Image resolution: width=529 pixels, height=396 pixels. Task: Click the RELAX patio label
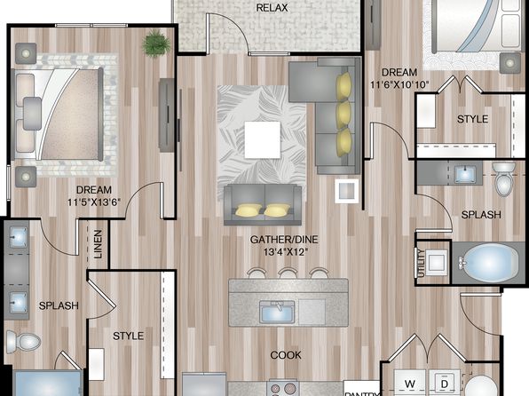point(272,8)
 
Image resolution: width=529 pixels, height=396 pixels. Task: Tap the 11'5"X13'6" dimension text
point(94,202)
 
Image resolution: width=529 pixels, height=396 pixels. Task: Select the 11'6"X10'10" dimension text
point(399,84)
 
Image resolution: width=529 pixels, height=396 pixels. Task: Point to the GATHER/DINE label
point(284,240)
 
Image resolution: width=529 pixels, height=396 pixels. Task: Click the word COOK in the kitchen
point(286,355)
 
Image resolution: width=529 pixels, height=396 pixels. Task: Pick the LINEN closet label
point(98,244)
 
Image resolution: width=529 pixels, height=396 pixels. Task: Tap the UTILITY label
point(421,263)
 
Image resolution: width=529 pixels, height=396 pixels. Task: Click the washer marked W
point(410,384)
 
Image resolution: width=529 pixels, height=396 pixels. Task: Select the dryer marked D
point(445,384)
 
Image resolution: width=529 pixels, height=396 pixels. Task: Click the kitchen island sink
point(277,312)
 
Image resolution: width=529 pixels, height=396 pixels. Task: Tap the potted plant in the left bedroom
point(156,44)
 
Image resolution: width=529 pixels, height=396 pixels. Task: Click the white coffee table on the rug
point(263,139)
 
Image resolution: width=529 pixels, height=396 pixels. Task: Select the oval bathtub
point(488,263)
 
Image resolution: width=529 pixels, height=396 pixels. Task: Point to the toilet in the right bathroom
point(503,179)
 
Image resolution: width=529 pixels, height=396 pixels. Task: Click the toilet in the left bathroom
point(24,342)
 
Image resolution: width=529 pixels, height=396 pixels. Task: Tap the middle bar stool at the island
point(288,273)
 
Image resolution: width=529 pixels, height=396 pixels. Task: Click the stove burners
point(283,389)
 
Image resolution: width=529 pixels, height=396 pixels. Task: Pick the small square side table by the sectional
point(346,191)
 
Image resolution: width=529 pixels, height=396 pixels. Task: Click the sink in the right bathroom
point(465,174)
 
